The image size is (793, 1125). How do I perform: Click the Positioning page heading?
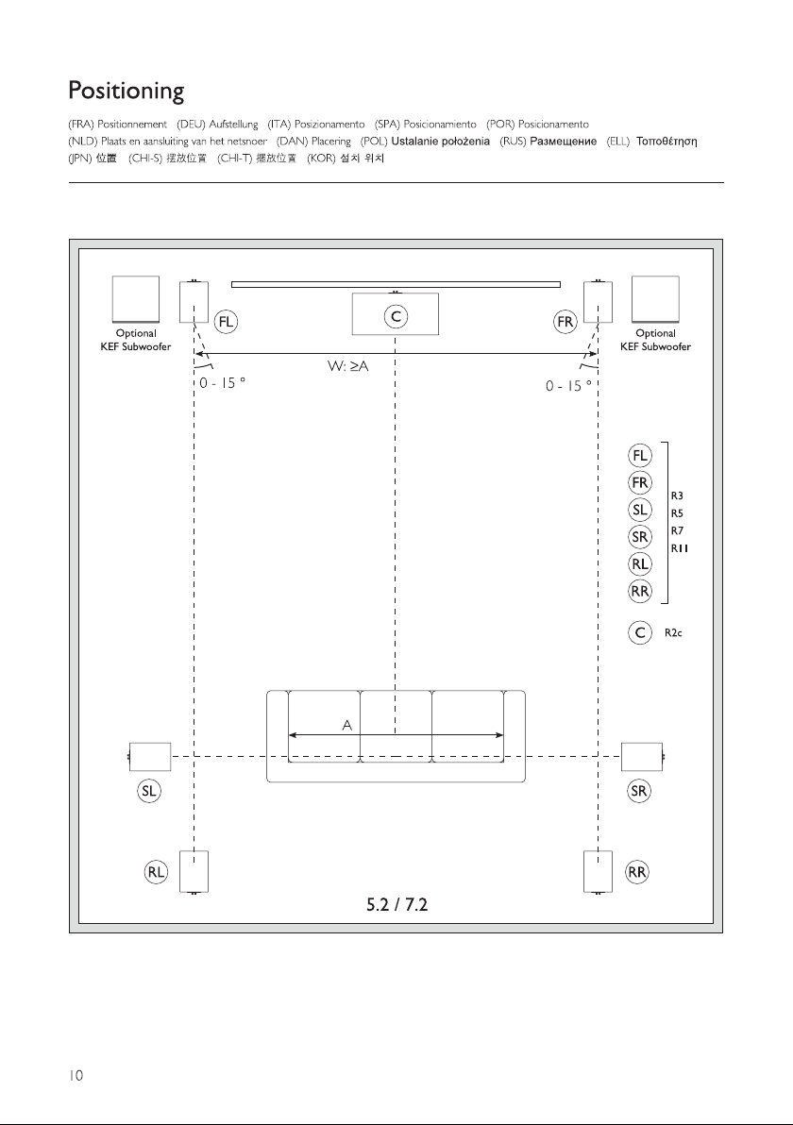point(127,92)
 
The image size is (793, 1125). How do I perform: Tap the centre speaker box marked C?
point(395,313)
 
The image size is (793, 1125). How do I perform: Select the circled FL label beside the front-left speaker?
point(226,322)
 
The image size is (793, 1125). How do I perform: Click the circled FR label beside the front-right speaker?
point(565,322)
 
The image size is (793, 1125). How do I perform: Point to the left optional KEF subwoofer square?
point(136,299)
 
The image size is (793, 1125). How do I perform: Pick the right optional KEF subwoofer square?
point(655,299)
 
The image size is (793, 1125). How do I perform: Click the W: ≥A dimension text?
point(348,366)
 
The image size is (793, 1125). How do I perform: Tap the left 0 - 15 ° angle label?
point(223,383)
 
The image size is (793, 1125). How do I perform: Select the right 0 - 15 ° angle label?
point(568,386)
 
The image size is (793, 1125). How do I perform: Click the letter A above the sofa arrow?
point(347,726)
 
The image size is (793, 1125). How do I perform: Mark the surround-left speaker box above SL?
point(150,757)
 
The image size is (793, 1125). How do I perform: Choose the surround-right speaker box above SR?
point(642,757)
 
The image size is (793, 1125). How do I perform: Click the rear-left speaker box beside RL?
point(194,871)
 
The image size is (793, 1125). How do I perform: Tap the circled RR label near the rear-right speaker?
point(637,872)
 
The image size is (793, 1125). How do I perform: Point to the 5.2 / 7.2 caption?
point(396,905)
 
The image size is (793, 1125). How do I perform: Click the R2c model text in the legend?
point(673,632)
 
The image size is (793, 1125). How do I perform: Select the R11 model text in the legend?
point(680,548)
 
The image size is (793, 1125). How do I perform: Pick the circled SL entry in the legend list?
point(639,511)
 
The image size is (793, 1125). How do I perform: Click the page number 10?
point(76,1075)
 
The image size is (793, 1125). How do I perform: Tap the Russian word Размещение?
point(564,142)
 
